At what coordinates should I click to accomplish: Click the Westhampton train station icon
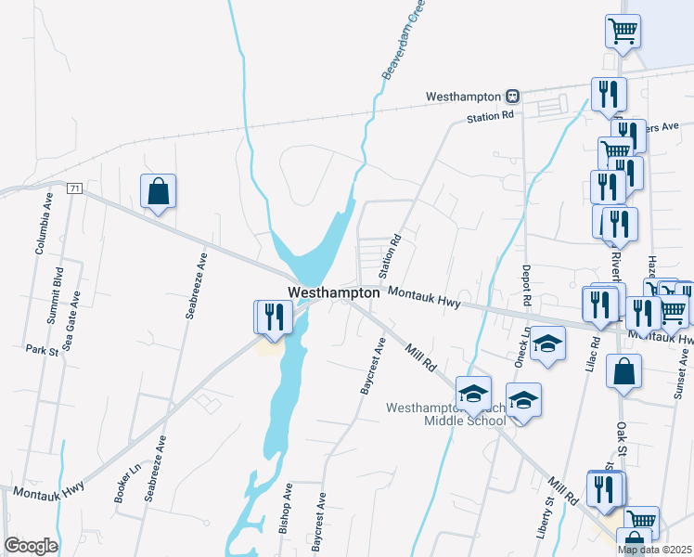click(511, 96)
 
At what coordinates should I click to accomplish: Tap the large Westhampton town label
click(334, 292)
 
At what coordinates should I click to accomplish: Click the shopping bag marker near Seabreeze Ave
click(159, 191)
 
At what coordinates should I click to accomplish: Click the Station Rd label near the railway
click(490, 117)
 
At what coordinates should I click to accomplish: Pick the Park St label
click(42, 351)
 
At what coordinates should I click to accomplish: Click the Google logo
click(31, 546)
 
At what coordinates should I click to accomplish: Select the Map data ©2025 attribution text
click(655, 550)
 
